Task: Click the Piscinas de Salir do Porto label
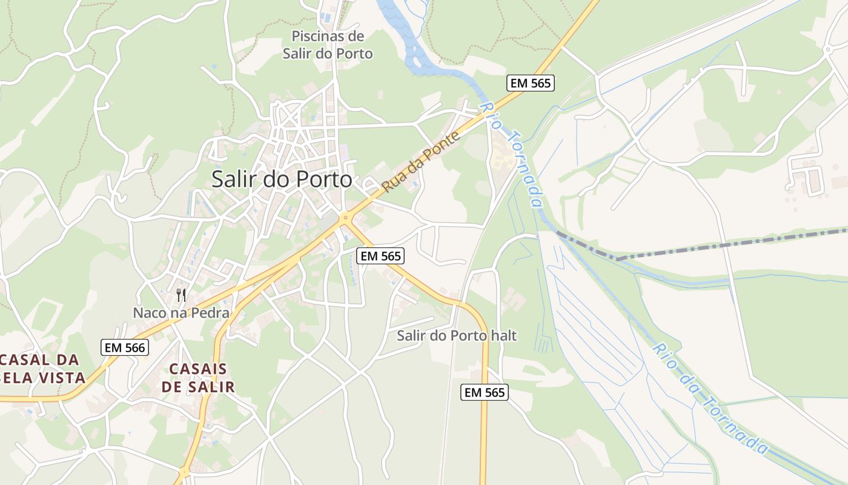tap(328, 45)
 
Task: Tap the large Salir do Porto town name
tap(282, 179)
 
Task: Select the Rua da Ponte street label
tap(422, 161)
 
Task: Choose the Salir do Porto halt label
tap(457, 335)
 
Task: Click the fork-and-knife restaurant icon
tap(181, 295)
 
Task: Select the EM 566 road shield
tap(125, 347)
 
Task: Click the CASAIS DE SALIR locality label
tap(198, 378)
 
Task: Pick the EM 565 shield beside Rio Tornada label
tap(531, 83)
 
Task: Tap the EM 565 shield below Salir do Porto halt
tap(485, 392)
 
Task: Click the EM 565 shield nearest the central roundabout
tap(380, 256)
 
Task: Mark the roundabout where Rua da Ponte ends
tap(346, 216)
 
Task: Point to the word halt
tap(505, 335)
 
